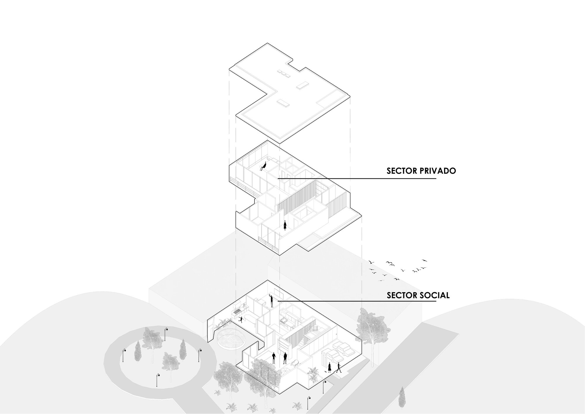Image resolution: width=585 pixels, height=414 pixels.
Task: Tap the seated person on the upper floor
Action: tap(264, 166)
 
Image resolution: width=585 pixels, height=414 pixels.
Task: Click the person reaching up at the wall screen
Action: tap(271, 300)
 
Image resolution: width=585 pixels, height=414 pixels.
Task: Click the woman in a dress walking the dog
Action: tap(330, 367)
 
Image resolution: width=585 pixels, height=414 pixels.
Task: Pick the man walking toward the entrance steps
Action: tap(339, 367)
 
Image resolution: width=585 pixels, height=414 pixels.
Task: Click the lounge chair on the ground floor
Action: tap(295, 363)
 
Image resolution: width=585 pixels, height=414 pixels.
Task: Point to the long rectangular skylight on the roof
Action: tap(303, 85)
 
